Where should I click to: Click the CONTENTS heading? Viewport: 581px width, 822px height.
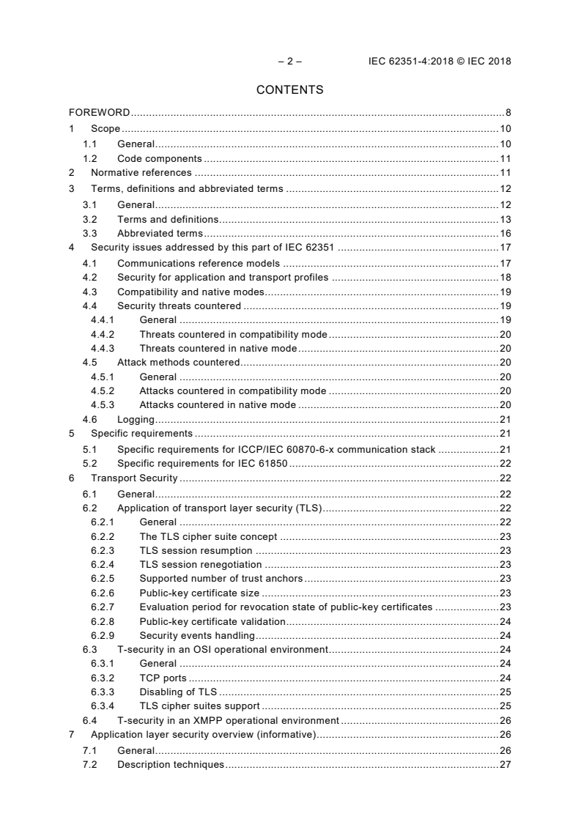[x=289, y=90]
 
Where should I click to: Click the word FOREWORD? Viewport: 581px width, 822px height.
[x=100, y=113]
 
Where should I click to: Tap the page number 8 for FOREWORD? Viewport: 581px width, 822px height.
[x=508, y=113]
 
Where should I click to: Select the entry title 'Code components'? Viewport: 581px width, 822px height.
[x=159, y=158]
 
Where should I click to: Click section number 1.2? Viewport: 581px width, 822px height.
[x=89, y=158]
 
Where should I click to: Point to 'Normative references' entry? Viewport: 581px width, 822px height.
[x=141, y=173]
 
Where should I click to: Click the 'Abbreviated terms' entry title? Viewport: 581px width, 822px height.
[x=160, y=234]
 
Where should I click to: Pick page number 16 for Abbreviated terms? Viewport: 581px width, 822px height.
[x=505, y=234]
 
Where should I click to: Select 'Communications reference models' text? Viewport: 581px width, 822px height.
[x=199, y=263]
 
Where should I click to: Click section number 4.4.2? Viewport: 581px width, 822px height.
[x=102, y=334]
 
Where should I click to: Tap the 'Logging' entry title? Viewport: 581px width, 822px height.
[x=136, y=420]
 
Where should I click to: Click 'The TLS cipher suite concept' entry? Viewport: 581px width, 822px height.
[x=208, y=536]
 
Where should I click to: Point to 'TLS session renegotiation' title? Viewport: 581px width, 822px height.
[x=200, y=564]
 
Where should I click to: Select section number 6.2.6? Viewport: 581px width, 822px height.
[x=102, y=593]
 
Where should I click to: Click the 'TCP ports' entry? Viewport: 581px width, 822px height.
[x=163, y=678]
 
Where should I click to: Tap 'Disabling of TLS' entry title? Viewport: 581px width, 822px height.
[x=179, y=692]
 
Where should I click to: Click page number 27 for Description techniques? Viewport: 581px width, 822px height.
[x=505, y=765]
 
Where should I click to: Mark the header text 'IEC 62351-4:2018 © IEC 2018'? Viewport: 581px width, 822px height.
[x=440, y=62]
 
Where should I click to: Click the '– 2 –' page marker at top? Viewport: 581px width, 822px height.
[x=290, y=62]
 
